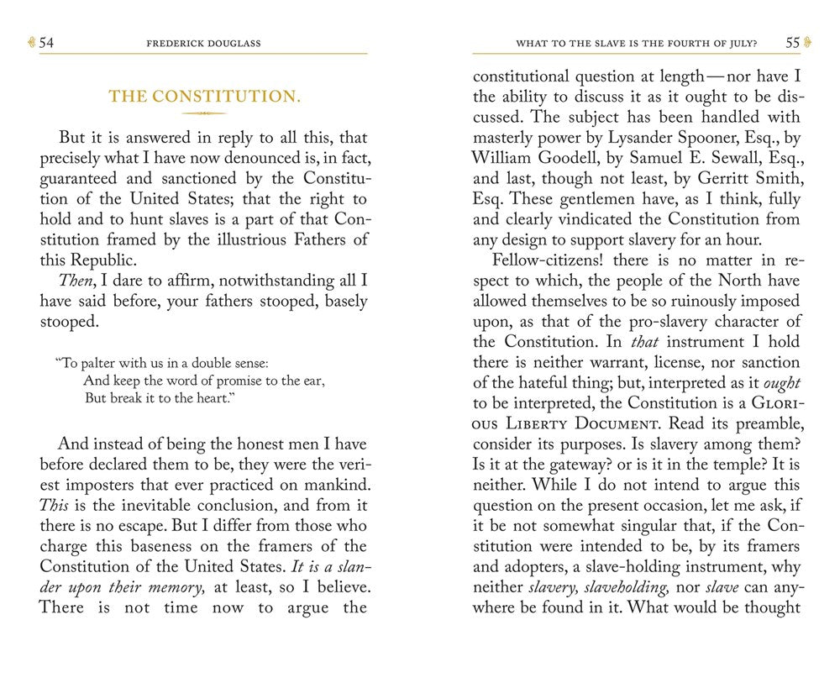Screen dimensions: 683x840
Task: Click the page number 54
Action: pyautogui.click(x=46, y=43)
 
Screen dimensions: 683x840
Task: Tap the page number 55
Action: pyautogui.click(x=792, y=42)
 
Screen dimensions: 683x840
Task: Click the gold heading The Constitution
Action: pyautogui.click(x=204, y=96)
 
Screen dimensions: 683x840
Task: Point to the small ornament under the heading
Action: pyautogui.click(x=204, y=113)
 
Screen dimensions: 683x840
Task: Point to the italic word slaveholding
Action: pyautogui.click(x=636, y=586)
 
